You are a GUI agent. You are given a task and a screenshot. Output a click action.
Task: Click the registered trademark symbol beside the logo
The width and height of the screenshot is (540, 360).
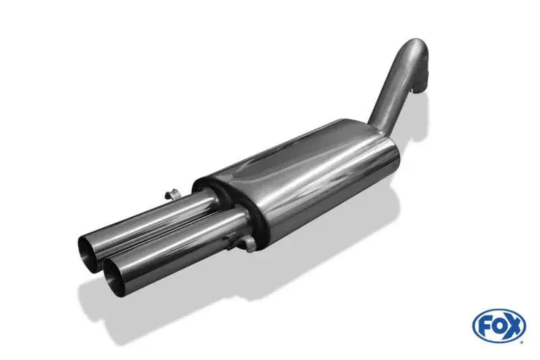[x=523, y=342]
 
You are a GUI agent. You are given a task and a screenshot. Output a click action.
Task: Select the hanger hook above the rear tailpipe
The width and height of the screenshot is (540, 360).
[x=171, y=195]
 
